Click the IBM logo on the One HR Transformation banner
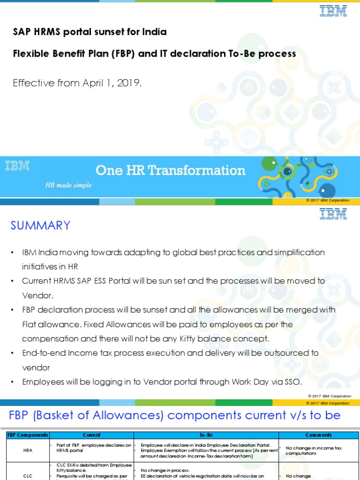click(17, 165)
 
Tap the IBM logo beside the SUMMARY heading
click(333, 214)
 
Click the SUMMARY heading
click(40, 225)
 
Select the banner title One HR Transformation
click(170, 170)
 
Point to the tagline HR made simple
click(68, 185)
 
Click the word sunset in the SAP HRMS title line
click(111, 32)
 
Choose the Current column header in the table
click(91, 435)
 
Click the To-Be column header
click(206, 435)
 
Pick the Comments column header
click(319, 435)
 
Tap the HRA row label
click(28, 450)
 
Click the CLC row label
click(28, 475)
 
